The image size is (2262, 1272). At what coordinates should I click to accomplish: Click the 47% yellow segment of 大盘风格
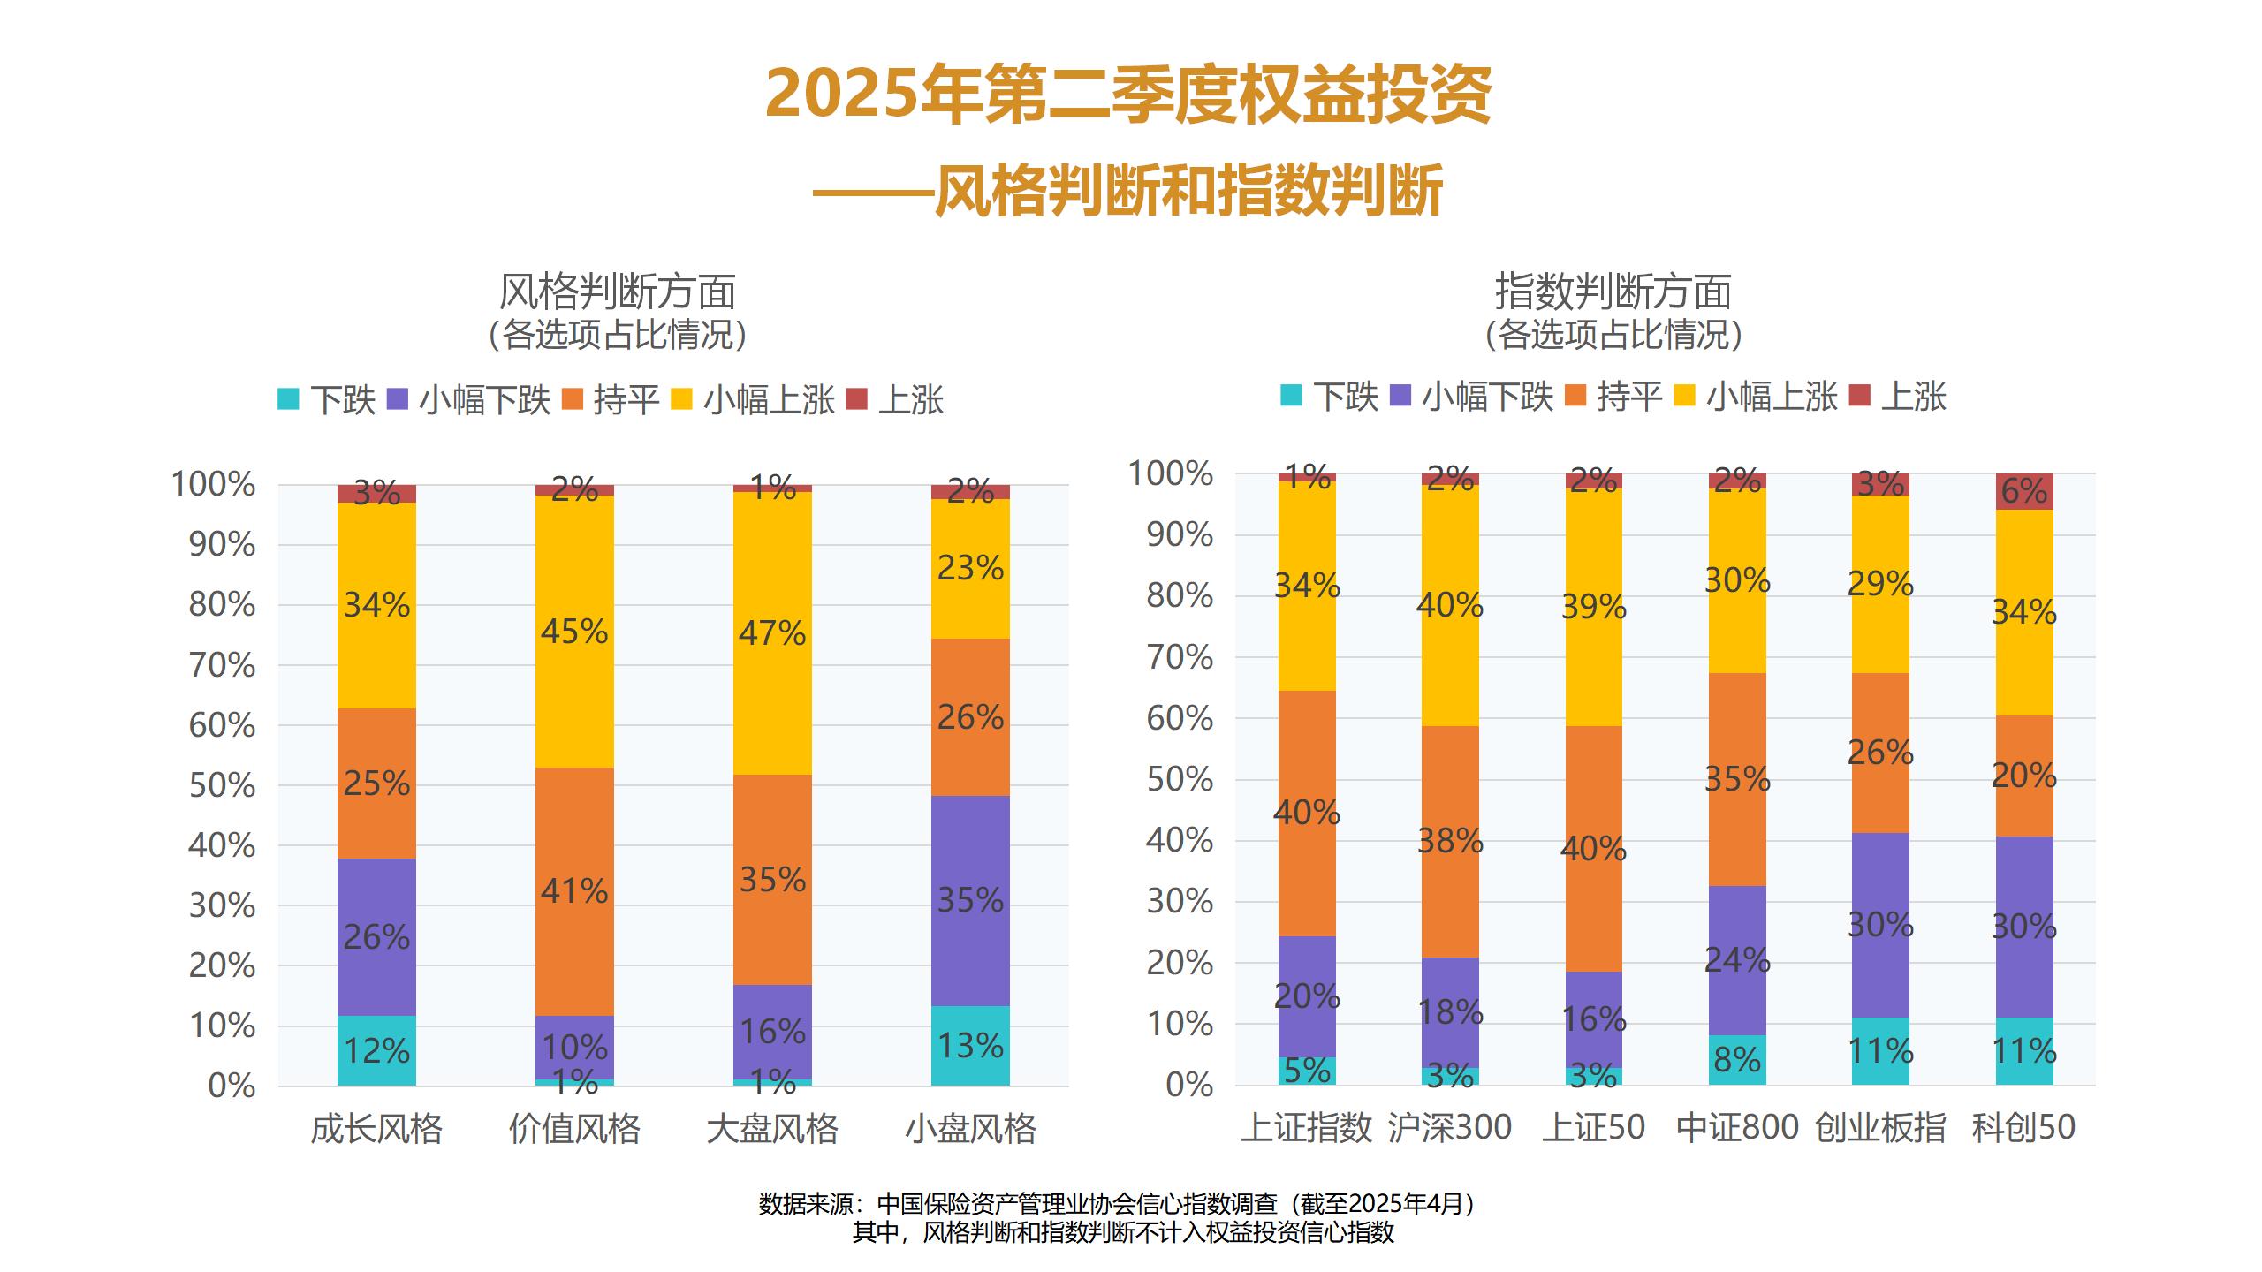[x=772, y=632]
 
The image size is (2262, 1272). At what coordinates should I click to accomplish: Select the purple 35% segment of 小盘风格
[x=970, y=900]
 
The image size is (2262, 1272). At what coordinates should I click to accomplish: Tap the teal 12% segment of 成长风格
[x=376, y=1050]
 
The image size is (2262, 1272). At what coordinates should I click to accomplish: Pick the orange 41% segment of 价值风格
[x=574, y=890]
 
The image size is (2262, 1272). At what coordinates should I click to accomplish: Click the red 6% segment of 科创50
[x=2023, y=491]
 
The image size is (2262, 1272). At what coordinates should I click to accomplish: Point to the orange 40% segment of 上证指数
[x=1307, y=813]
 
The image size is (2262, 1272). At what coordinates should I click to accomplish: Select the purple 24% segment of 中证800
[x=1737, y=960]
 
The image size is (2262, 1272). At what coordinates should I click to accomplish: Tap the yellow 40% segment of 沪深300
[x=1450, y=605]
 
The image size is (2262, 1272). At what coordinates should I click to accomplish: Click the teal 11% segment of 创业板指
[x=1880, y=1051]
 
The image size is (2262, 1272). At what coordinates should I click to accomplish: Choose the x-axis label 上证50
[x=1593, y=1128]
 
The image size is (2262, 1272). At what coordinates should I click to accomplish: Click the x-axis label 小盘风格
[x=970, y=1130]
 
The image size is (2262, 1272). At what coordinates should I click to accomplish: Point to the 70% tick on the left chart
[x=222, y=665]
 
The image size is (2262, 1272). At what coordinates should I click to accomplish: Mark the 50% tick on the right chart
[x=1180, y=780]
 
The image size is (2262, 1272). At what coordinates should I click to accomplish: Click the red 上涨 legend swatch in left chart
[x=856, y=399]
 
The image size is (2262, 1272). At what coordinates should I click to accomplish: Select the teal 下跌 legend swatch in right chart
[x=1291, y=396]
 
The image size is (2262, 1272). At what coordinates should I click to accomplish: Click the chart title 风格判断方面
[x=617, y=292]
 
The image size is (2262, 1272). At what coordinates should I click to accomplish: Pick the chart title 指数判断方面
[x=1613, y=292]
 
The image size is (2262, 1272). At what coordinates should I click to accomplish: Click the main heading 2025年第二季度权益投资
[x=1128, y=95]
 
